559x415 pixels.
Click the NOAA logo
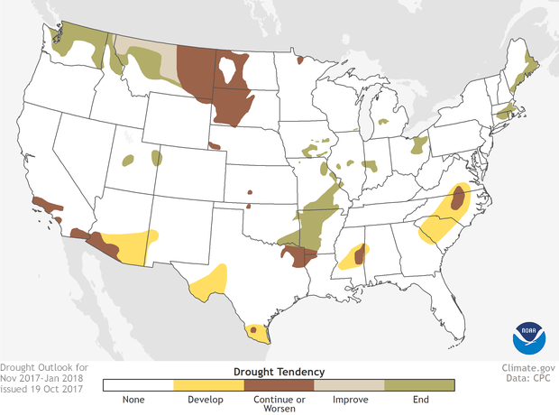[x=529, y=337]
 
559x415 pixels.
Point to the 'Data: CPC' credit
[x=529, y=380]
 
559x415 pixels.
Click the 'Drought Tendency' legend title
[x=279, y=371]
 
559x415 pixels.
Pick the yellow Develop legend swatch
[x=208, y=384]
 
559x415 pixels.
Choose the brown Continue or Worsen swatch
[x=279, y=384]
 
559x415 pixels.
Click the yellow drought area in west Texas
[x=209, y=281]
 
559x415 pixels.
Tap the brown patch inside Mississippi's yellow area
[x=359, y=255]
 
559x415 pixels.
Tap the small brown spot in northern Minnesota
[x=300, y=61]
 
